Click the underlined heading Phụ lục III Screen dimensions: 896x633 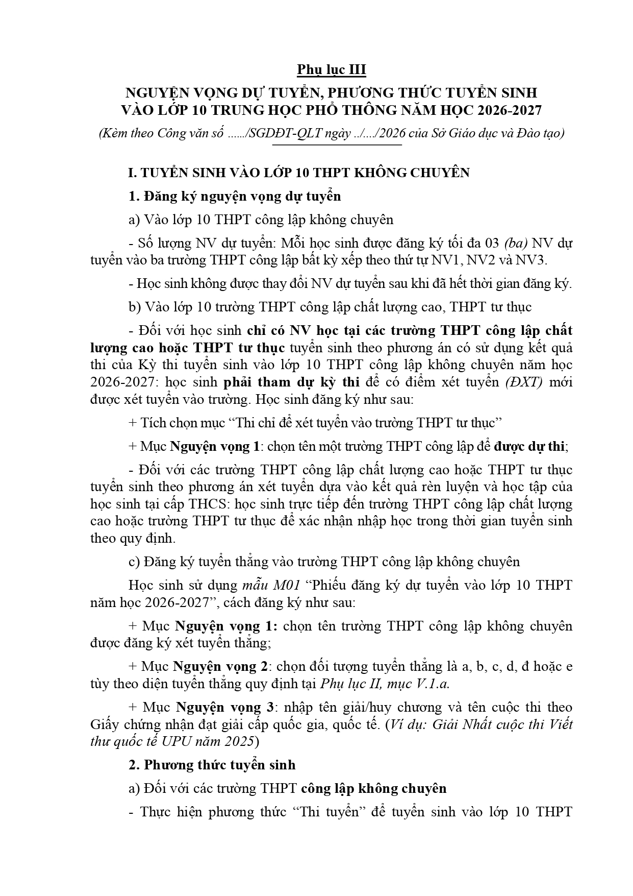point(332,69)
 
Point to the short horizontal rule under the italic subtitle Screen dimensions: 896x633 point(338,146)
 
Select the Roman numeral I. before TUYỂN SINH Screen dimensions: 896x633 point(131,173)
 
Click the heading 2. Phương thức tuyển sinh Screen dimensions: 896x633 point(212,765)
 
